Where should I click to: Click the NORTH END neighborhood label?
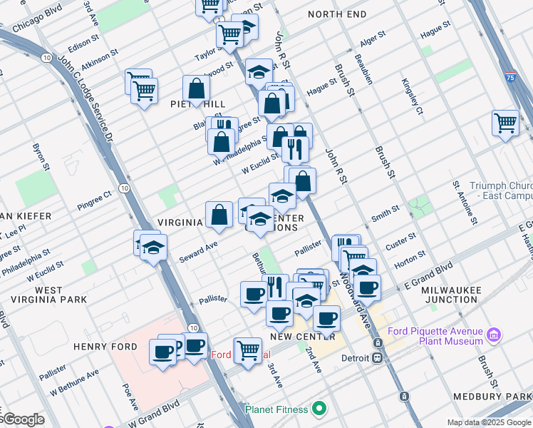tap(337, 14)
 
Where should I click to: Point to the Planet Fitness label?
tap(277, 409)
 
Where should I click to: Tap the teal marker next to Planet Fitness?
tap(320, 409)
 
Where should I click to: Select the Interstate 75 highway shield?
tap(510, 74)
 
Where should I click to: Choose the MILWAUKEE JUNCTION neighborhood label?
tap(449, 295)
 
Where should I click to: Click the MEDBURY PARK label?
tap(500, 396)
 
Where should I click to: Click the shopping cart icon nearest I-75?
tap(505, 123)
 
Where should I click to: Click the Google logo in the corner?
tap(23, 419)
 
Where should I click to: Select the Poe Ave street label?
tap(127, 394)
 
